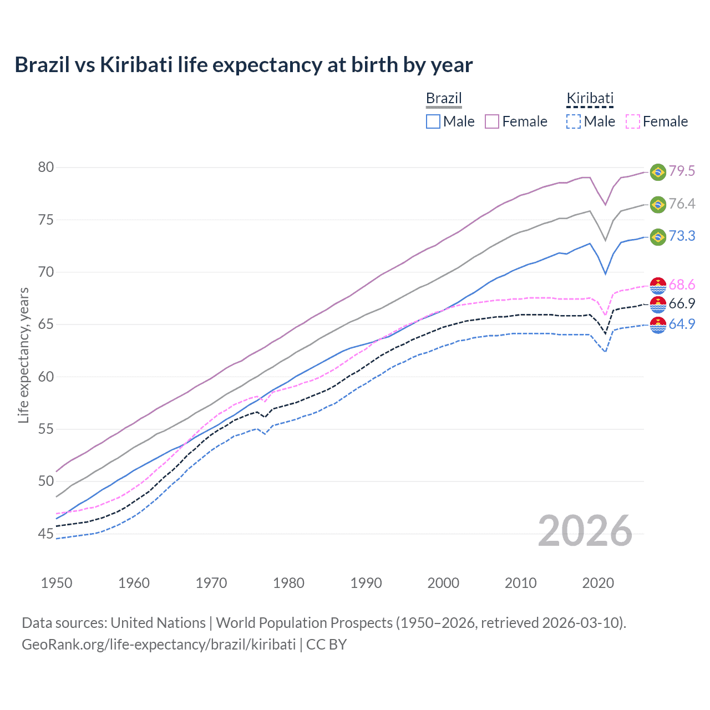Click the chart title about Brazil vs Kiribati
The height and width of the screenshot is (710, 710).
[x=244, y=65]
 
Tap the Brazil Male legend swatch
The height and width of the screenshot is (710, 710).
[x=433, y=121]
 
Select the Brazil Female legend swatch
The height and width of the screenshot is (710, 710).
[x=492, y=121]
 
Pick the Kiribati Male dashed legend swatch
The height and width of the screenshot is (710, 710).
[x=573, y=121]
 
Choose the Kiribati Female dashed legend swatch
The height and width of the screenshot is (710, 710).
[x=632, y=121]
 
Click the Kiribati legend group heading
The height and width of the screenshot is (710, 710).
[x=590, y=99]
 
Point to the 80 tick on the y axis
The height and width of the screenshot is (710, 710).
[x=46, y=167]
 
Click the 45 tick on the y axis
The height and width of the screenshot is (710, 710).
[x=46, y=534]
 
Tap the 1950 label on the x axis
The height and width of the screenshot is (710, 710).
[x=57, y=583]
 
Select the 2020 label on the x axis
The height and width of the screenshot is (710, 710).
[x=598, y=583]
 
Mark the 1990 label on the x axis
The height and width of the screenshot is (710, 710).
[x=366, y=583]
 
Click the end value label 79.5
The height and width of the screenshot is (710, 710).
[x=682, y=171]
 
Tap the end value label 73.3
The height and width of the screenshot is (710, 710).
[x=682, y=236]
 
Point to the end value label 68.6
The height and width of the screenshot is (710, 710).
[x=682, y=285]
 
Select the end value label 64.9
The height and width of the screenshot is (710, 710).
[x=682, y=324]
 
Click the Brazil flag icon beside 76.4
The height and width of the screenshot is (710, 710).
[x=658, y=204]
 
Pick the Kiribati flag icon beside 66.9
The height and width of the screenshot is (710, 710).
[x=658, y=304]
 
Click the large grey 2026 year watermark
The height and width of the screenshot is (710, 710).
[x=585, y=531]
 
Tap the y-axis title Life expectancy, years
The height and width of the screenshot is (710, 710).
[x=24, y=355]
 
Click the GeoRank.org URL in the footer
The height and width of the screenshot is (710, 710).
[x=159, y=645]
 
